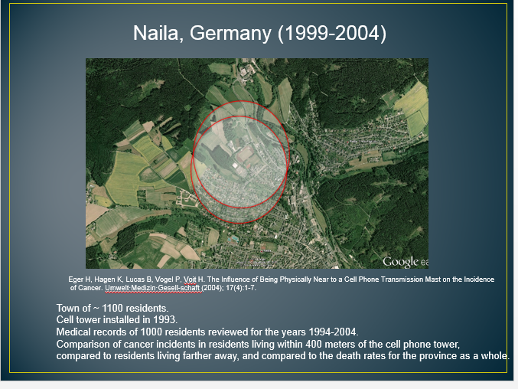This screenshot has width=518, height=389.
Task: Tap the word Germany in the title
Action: tap(230, 34)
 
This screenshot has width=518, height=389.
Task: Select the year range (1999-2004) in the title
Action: tap(332, 34)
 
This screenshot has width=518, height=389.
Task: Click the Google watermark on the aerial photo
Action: tap(400, 262)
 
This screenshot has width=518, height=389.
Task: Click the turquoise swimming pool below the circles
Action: tap(233, 239)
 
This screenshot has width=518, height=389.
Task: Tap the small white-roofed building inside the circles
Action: tap(235, 165)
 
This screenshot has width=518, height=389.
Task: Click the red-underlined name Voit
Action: tap(190, 279)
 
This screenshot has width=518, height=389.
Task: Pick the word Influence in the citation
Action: tap(236, 279)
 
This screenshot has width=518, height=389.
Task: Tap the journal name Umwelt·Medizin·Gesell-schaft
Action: tap(152, 288)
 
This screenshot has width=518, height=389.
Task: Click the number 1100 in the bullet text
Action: tap(112, 309)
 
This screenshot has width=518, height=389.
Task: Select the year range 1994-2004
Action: tap(333, 332)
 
